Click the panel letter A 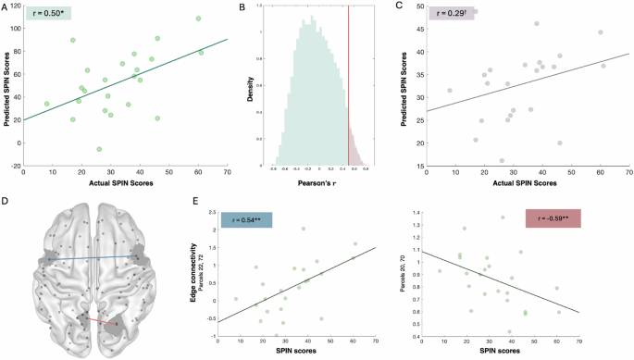click(6, 7)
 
